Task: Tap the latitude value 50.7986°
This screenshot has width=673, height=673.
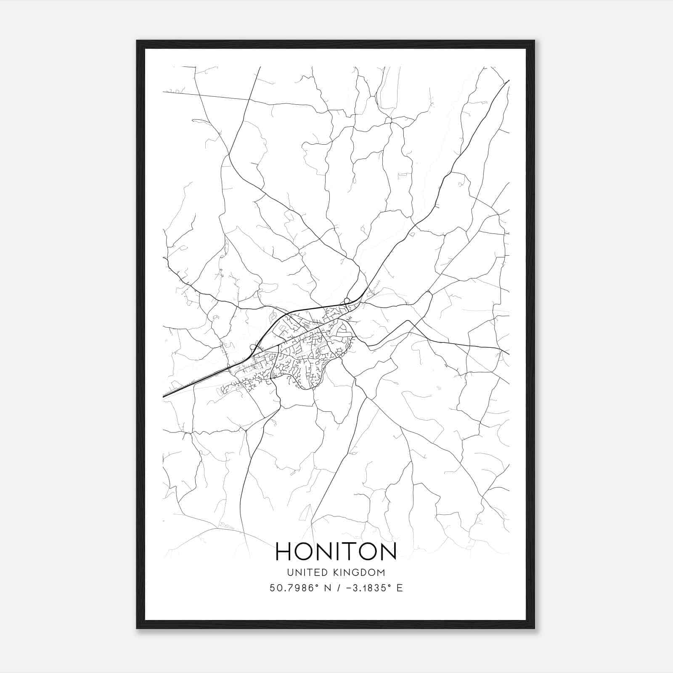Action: click(x=294, y=588)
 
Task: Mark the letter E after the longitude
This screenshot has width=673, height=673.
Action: click(x=400, y=588)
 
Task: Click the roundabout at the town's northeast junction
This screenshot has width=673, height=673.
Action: click(x=347, y=300)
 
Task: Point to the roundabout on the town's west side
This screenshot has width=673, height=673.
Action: click(x=253, y=347)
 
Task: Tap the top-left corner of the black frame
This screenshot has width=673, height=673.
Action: click(x=137, y=41)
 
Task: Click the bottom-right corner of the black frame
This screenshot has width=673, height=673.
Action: click(x=534, y=628)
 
